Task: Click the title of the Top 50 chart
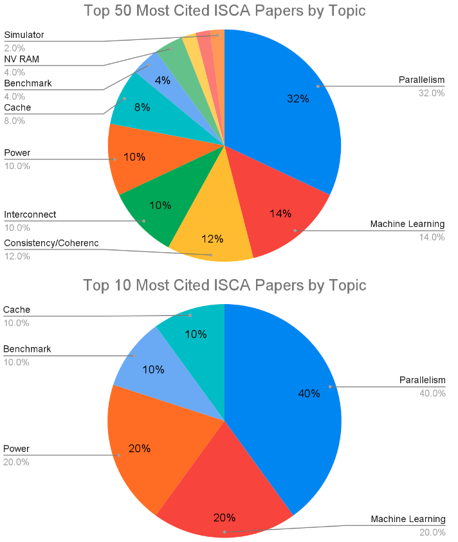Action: (x=224, y=12)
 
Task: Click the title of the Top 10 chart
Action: (x=224, y=285)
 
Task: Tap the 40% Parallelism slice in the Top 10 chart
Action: (x=289, y=399)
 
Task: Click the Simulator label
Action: (x=24, y=34)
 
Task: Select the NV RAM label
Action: (x=21, y=59)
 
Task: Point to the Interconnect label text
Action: (x=30, y=214)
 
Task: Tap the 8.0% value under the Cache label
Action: (x=14, y=120)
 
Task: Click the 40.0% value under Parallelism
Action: (x=431, y=393)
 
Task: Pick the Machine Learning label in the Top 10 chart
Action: (x=408, y=519)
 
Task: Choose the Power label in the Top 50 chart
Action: (x=17, y=153)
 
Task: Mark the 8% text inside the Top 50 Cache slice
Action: (x=142, y=107)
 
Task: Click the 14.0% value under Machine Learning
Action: (x=431, y=237)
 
